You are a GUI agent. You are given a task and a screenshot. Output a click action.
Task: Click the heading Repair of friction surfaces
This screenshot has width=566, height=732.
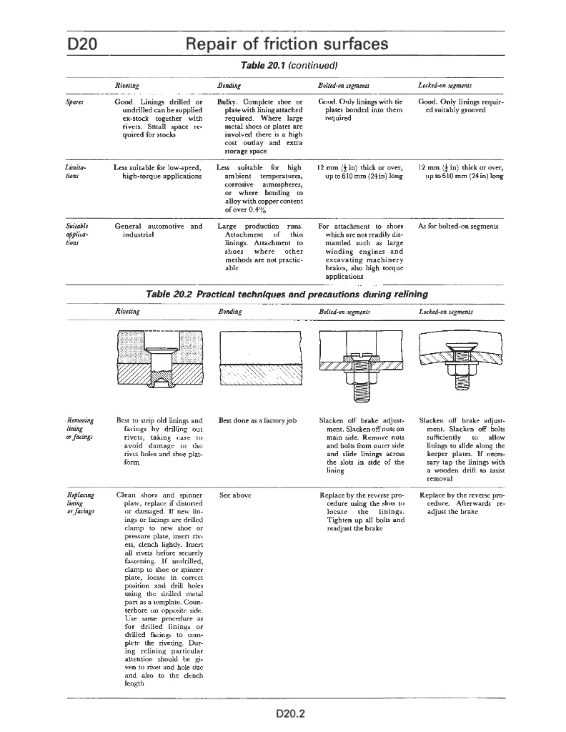pyautogui.click(x=287, y=44)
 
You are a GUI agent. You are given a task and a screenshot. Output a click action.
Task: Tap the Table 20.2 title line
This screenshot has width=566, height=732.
pyautogui.click(x=287, y=294)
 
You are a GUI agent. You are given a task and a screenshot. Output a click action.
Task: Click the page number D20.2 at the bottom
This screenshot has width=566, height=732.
pyautogui.click(x=290, y=713)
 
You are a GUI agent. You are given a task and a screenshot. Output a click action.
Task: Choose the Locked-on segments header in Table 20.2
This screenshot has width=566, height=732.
pyautogui.click(x=446, y=312)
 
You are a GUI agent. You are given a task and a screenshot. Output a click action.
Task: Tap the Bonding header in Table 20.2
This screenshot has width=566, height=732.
pyautogui.click(x=229, y=312)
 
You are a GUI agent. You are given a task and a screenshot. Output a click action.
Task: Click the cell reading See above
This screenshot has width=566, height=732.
pyautogui.click(x=235, y=495)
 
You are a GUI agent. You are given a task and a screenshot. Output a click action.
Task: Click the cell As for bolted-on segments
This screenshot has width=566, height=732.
pyautogui.click(x=458, y=227)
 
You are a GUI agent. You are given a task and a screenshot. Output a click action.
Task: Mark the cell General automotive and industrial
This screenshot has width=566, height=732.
pyautogui.click(x=158, y=230)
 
